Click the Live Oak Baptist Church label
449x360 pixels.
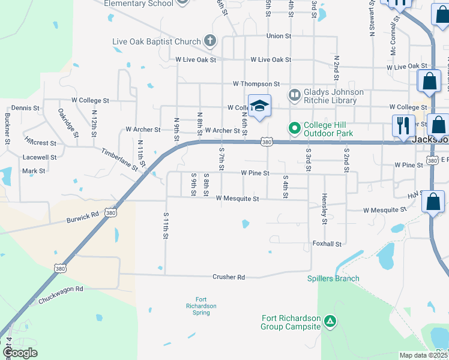(x=157, y=42)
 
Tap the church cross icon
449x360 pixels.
(x=209, y=41)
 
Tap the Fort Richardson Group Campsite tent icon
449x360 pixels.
(x=330, y=322)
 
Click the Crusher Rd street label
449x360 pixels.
(x=229, y=277)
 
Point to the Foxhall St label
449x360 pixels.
(x=327, y=244)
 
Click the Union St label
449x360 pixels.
(x=279, y=36)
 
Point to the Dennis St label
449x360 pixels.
(x=25, y=108)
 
